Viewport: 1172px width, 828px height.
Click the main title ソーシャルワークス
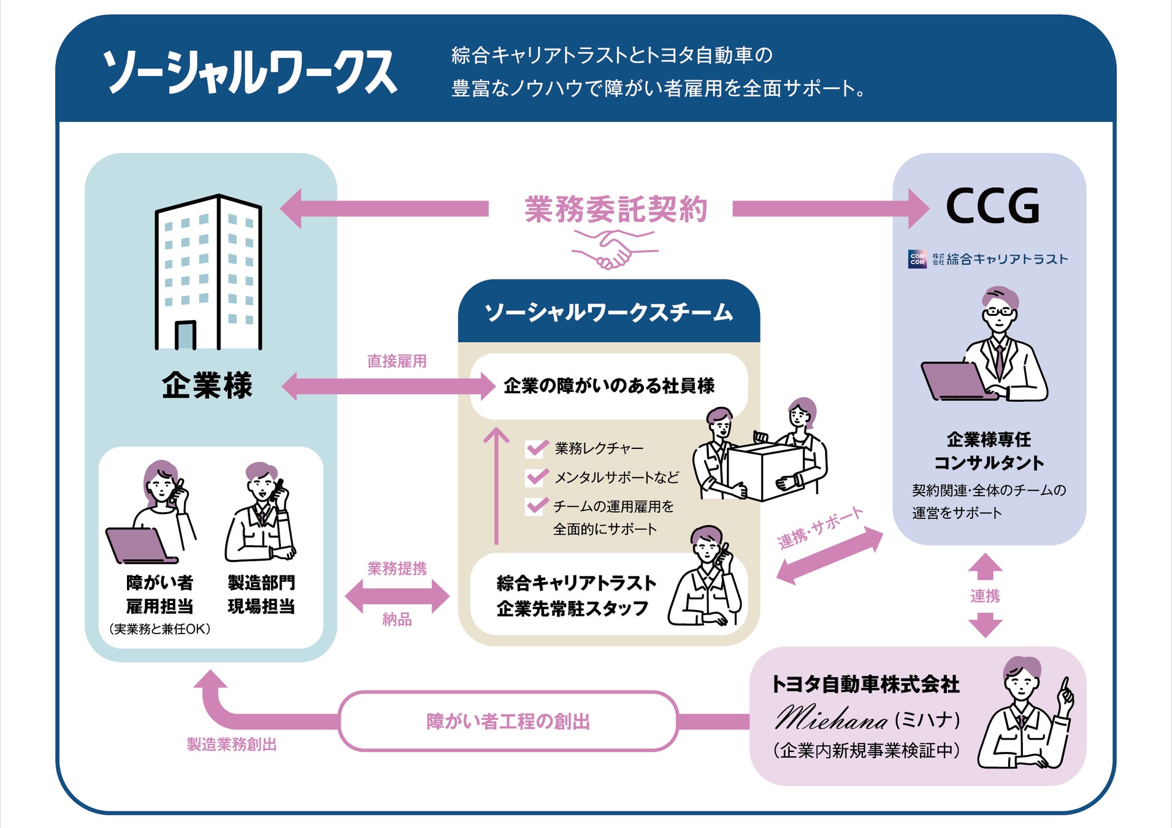[250, 72]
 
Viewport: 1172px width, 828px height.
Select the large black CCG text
[993, 206]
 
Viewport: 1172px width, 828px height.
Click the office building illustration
[209, 273]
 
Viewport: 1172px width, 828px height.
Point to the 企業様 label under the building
[207, 386]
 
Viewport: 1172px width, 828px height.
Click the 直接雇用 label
[397, 361]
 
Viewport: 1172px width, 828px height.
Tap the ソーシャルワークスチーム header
[608, 313]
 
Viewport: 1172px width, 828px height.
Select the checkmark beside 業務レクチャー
[536, 448]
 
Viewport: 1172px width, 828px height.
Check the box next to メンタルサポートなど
[536, 477]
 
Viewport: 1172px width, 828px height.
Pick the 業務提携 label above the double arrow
[397, 569]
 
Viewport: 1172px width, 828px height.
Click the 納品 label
[397, 619]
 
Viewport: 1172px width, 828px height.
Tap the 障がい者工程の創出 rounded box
[508, 721]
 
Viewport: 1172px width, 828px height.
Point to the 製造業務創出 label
[232, 745]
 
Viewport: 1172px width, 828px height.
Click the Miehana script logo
[831, 718]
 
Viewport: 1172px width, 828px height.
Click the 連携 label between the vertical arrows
[985, 596]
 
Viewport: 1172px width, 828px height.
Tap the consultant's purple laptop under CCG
[954, 381]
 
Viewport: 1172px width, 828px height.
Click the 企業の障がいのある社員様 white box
[608, 386]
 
